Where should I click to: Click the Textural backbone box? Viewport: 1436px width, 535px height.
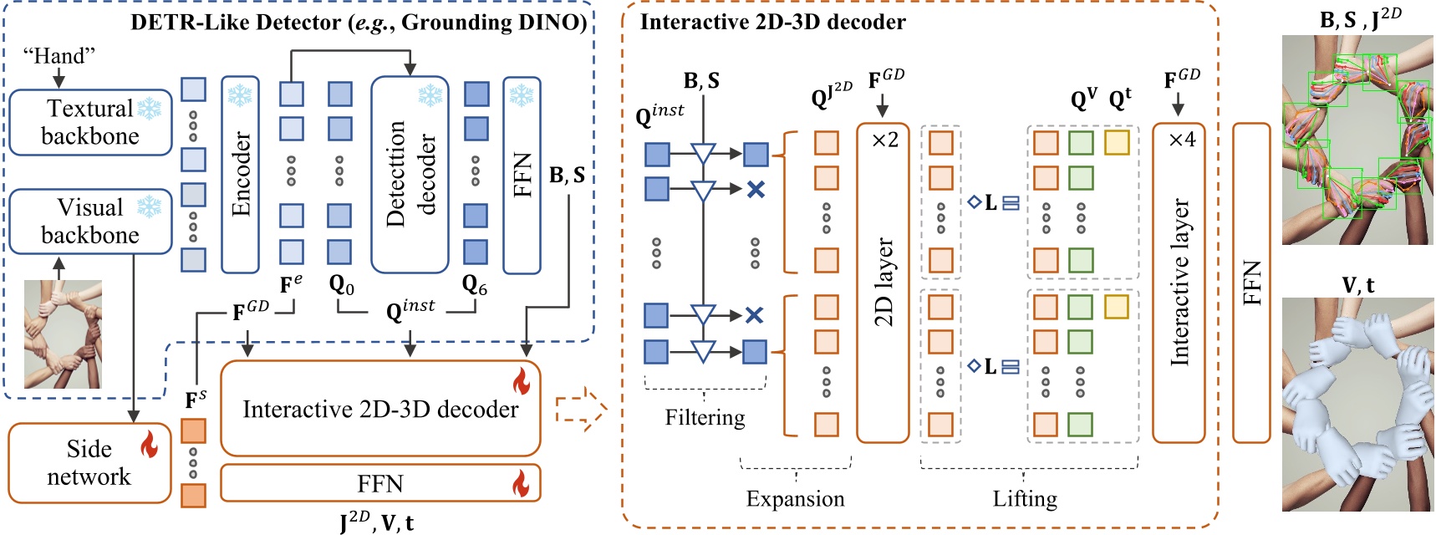(x=89, y=122)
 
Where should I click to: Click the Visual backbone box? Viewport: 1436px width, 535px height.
(x=89, y=221)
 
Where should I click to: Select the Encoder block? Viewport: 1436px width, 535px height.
(x=240, y=175)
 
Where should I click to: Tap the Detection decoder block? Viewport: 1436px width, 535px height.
(x=410, y=175)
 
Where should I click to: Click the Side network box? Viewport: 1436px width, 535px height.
(x=89, y=462)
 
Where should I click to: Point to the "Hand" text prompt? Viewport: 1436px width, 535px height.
(x=59, y=56)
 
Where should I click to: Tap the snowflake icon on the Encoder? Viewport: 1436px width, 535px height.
(x=240, y=95)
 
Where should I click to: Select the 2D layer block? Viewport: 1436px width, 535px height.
(x=883, y=283)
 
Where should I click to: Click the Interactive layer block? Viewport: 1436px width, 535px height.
(x=1179, y=283)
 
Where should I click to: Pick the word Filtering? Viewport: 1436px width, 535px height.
(x=705, y=417)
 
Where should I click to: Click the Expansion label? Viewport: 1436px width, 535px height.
(x=795, y=499)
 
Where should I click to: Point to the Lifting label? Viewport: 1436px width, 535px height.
(x=1025, y=499)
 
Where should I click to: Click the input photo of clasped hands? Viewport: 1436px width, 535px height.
(x=63, y=334)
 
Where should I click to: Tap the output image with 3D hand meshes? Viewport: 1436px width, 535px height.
(x=1357, y=405)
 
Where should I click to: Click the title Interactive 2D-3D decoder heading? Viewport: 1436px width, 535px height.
(x=772, y=22)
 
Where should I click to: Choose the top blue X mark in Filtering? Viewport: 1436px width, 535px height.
(x=756, y=190)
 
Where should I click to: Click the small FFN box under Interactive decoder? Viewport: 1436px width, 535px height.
(x=380, y=483)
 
